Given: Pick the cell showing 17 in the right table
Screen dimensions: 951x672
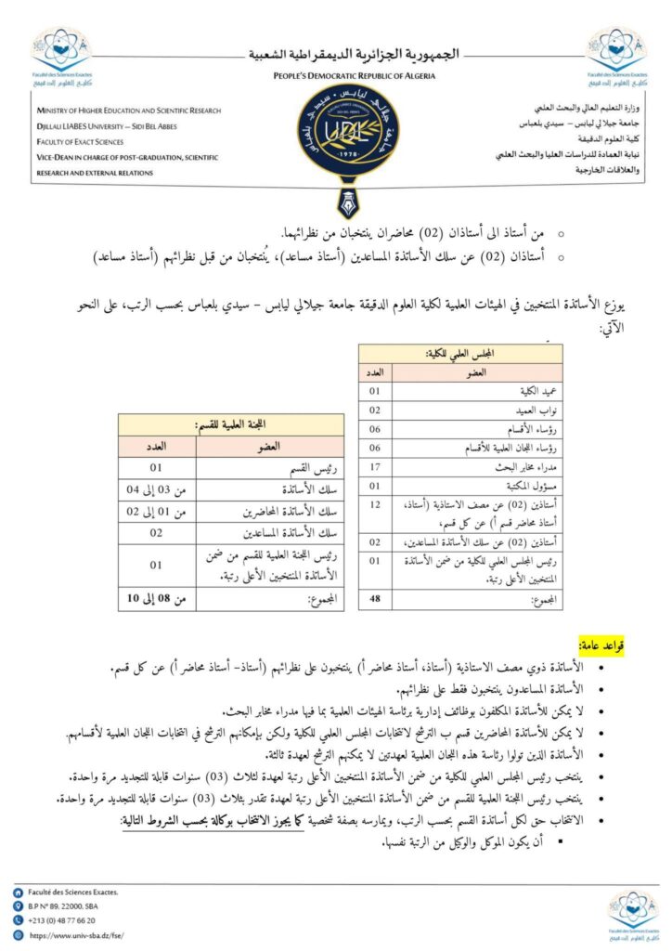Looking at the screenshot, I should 376,465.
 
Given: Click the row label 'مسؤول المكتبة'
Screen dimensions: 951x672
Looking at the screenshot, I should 492,484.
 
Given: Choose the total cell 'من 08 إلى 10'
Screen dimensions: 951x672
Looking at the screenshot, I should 157,599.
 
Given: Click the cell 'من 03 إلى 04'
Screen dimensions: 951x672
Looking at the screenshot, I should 157,489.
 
